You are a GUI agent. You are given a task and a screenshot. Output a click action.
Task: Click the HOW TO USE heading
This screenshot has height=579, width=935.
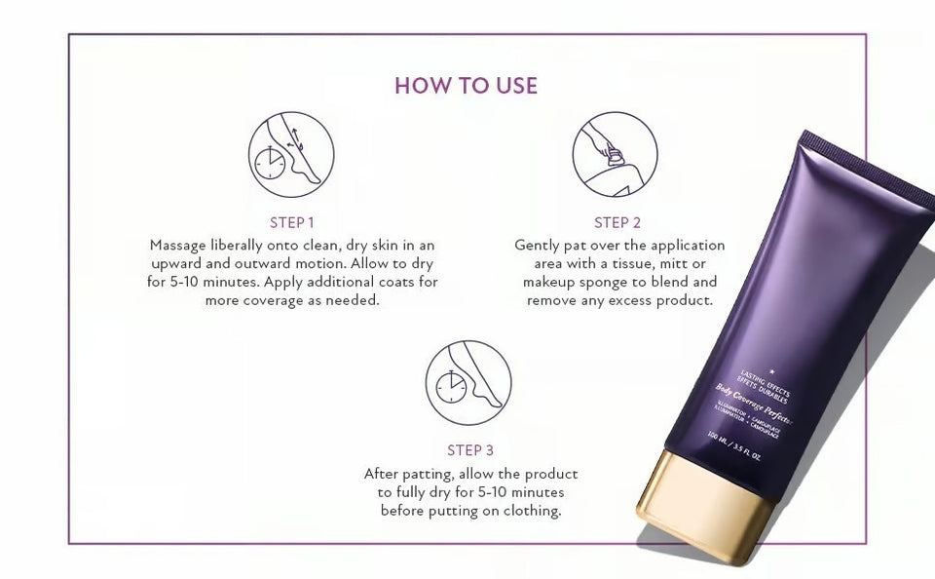(x=466, y=85)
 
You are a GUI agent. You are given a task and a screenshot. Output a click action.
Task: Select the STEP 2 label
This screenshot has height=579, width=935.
(x=617, y=222)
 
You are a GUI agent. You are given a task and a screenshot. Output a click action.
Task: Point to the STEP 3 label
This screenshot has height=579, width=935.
(x=469, y=449)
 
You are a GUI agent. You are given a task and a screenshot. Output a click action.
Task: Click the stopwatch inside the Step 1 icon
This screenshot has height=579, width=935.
(x=270, y=162)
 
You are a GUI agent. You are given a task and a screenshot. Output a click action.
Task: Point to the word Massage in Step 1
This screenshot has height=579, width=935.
(x=178, y=245)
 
